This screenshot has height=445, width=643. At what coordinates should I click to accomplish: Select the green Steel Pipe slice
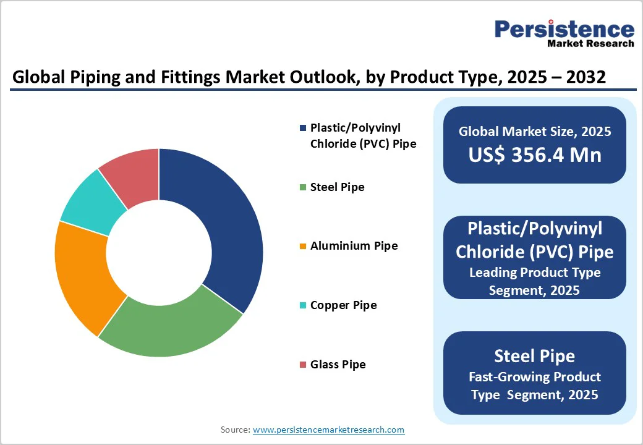(170, 324)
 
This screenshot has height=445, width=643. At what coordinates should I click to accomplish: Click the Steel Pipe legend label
(337, 187)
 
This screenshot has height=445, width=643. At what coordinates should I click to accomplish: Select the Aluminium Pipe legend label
(354, 246)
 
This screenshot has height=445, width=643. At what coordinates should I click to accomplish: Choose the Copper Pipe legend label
(343, 305)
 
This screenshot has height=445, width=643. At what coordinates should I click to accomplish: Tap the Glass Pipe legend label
(338, 365)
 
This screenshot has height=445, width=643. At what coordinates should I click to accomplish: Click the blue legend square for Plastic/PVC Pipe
(302, 128)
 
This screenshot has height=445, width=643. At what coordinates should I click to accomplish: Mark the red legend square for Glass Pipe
(302, 365)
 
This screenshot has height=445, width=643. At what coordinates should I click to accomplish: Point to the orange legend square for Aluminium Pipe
(302, 246)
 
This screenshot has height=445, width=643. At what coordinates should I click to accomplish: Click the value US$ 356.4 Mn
(535, 155)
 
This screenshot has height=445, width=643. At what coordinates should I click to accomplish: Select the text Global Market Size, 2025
(535, 131)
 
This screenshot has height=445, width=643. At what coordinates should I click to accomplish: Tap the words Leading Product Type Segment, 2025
(535, 281)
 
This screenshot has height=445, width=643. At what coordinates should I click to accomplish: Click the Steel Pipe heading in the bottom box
(535, 356)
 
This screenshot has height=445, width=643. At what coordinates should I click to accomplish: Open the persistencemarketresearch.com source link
(329, 429)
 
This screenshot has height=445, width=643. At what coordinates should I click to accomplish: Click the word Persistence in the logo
(564, 29)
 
